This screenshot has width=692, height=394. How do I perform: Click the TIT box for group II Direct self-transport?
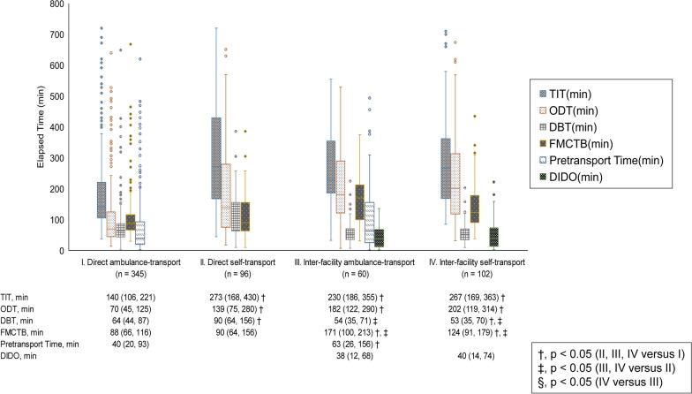212,157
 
